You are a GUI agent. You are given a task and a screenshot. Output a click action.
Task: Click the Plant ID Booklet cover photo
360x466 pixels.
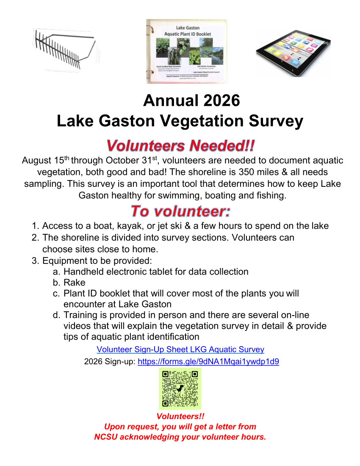(186, 51)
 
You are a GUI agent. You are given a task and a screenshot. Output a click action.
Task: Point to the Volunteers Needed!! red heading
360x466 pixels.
(180, 145)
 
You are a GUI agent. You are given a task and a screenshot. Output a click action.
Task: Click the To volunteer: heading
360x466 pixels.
(180, 211)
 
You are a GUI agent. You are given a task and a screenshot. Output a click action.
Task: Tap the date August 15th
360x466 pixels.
(45, 161)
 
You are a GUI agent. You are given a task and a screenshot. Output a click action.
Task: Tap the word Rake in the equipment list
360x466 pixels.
(75, 283)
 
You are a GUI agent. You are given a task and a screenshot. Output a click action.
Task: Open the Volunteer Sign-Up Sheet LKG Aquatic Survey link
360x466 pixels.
(180, 349)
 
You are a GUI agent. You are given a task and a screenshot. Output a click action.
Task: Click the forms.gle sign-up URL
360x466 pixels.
(208, 362)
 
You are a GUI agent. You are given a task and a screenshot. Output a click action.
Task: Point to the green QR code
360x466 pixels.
(180, 388)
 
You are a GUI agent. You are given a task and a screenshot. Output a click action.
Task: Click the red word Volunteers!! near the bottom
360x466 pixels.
(180, 416)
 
